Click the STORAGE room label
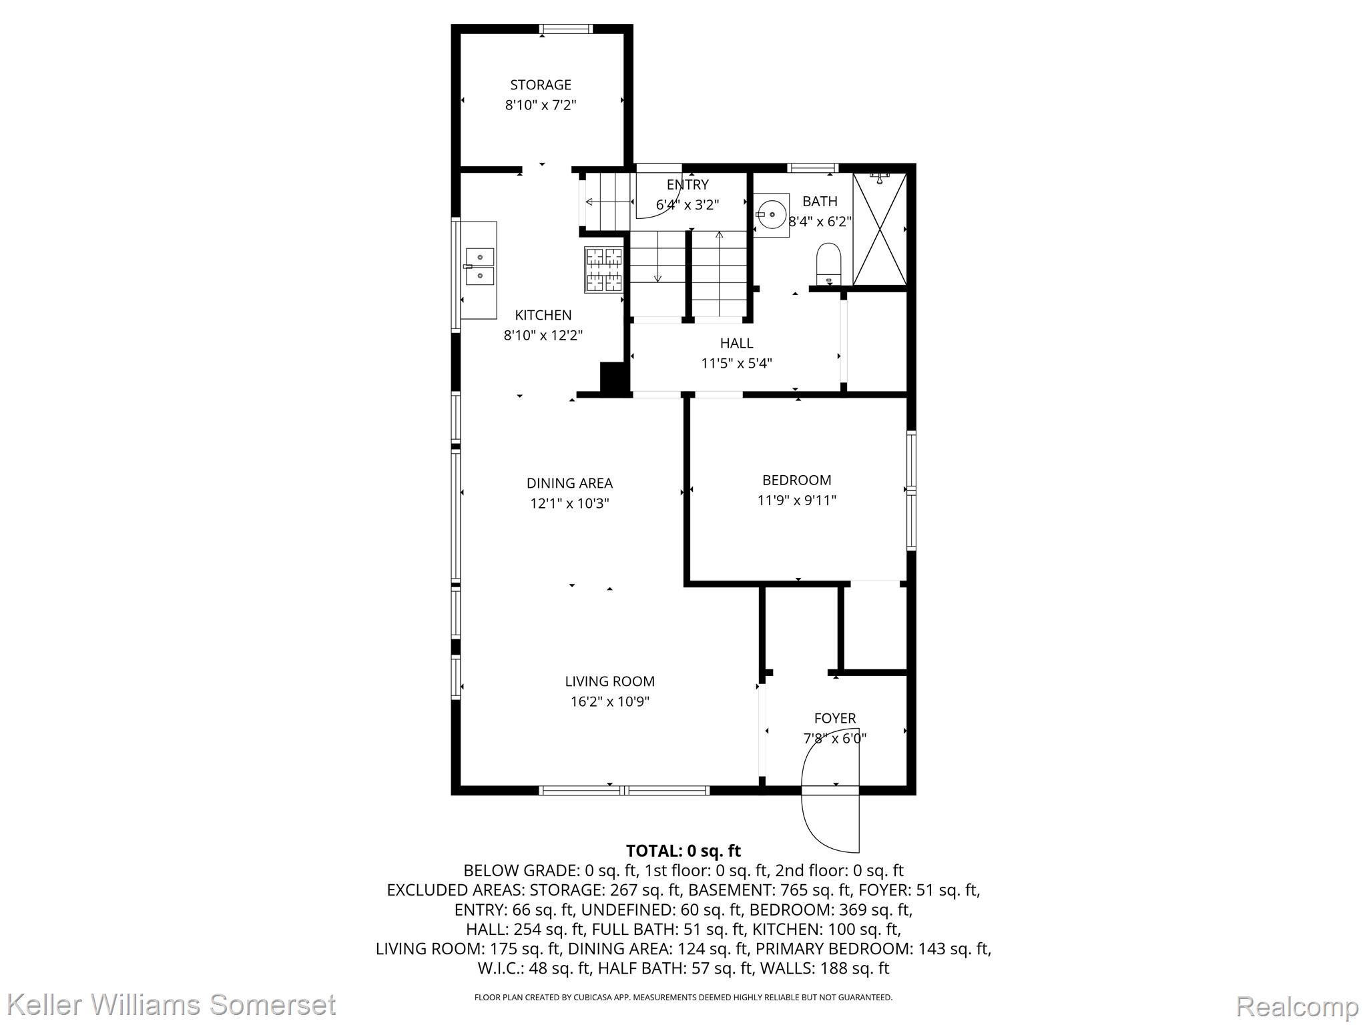pyautogui.click(x=541, y=85)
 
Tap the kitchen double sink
pyautogui.click(x=479, y=266)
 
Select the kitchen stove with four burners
pyautogui.click(x=603, y=270)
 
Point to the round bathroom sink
pyautogui.click(x=772, y=215)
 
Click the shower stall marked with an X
pyautogui.click(x=880, y=229)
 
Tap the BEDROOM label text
pyautogui.click(x=797, y=480)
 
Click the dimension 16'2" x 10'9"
pyautogui.click(x=610, y=701)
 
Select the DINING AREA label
pyautogui.click(x=569, y=483)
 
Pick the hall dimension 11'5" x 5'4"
pyautogui.click(x=737, y=364)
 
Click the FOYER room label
pyautogui.click(x=835, y=718)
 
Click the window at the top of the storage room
pyautogui.click(x=566, y=29)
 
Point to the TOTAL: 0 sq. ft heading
pyautogui.click(x=683, y=851)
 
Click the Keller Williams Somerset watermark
pyautogui.click(x=172, y=1004)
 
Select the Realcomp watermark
pyautogui.click(x=1297, y=1006)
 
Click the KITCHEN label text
pyautogui.click(x=543, y=315)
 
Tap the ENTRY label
pyautogui.click(x=688, y=185)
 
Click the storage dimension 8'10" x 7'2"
pyautogui.click(x=541, y=105)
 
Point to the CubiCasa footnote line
pyautogui.click(x=683, y=998)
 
